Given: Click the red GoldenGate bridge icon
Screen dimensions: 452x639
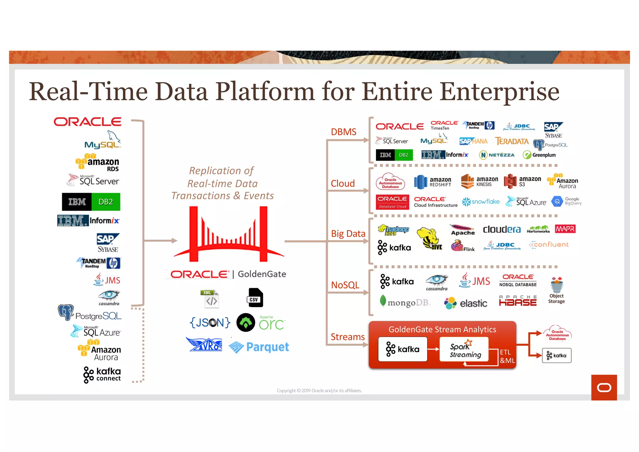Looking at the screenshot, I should coord(229,234).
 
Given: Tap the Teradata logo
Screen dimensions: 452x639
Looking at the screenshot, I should coord(512,142).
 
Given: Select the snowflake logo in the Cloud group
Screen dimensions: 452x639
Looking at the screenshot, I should coord(481,202).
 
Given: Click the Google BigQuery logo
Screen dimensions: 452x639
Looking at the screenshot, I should coord(566,201).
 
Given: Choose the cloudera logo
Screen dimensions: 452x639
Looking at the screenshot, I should coord(502,230).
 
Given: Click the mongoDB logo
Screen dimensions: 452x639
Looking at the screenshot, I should coord(405,302).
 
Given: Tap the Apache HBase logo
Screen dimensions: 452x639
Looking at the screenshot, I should coord(518,301).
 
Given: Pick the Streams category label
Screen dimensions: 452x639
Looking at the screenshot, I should coord(348,337).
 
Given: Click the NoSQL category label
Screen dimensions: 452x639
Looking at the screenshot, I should coord(345,285).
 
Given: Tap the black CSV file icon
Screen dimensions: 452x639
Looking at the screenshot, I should coord(255,298).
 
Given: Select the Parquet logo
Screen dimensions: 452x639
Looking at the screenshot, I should coord(259,347).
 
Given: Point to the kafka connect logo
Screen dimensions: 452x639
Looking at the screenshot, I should coord(102,375).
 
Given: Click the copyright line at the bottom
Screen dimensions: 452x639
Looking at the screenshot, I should coord(319,390).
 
